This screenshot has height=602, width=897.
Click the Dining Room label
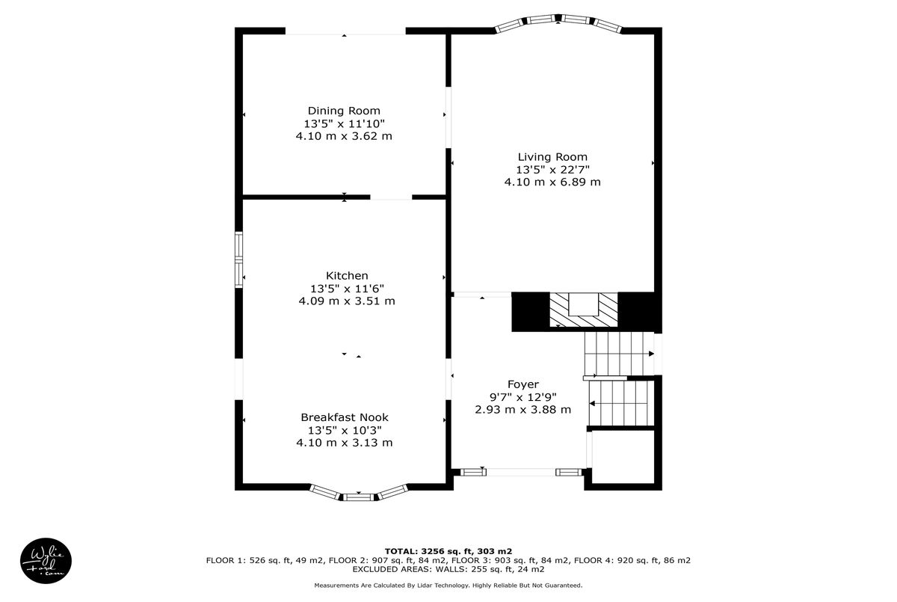344,111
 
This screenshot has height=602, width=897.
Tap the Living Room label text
552,157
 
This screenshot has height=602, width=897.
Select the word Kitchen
347,275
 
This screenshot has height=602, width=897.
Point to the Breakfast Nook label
345,417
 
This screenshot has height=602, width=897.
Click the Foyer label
523,384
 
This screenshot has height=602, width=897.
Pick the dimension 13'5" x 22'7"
552,170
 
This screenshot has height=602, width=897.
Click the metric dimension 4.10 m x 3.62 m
344,136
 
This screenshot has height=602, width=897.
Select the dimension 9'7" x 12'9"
523,397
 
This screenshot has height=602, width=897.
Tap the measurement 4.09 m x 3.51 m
347,301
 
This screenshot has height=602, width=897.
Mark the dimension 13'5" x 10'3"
345,430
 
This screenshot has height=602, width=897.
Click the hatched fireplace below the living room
584,309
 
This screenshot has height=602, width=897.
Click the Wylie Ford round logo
46,560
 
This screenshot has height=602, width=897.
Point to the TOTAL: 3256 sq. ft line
448,551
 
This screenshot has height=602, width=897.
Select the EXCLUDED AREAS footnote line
448,569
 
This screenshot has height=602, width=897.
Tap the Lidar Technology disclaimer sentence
448,586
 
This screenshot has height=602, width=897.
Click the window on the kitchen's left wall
238,259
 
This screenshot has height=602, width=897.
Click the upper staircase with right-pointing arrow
619,354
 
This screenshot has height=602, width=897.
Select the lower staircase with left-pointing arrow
621,403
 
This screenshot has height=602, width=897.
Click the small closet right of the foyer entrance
623,457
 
